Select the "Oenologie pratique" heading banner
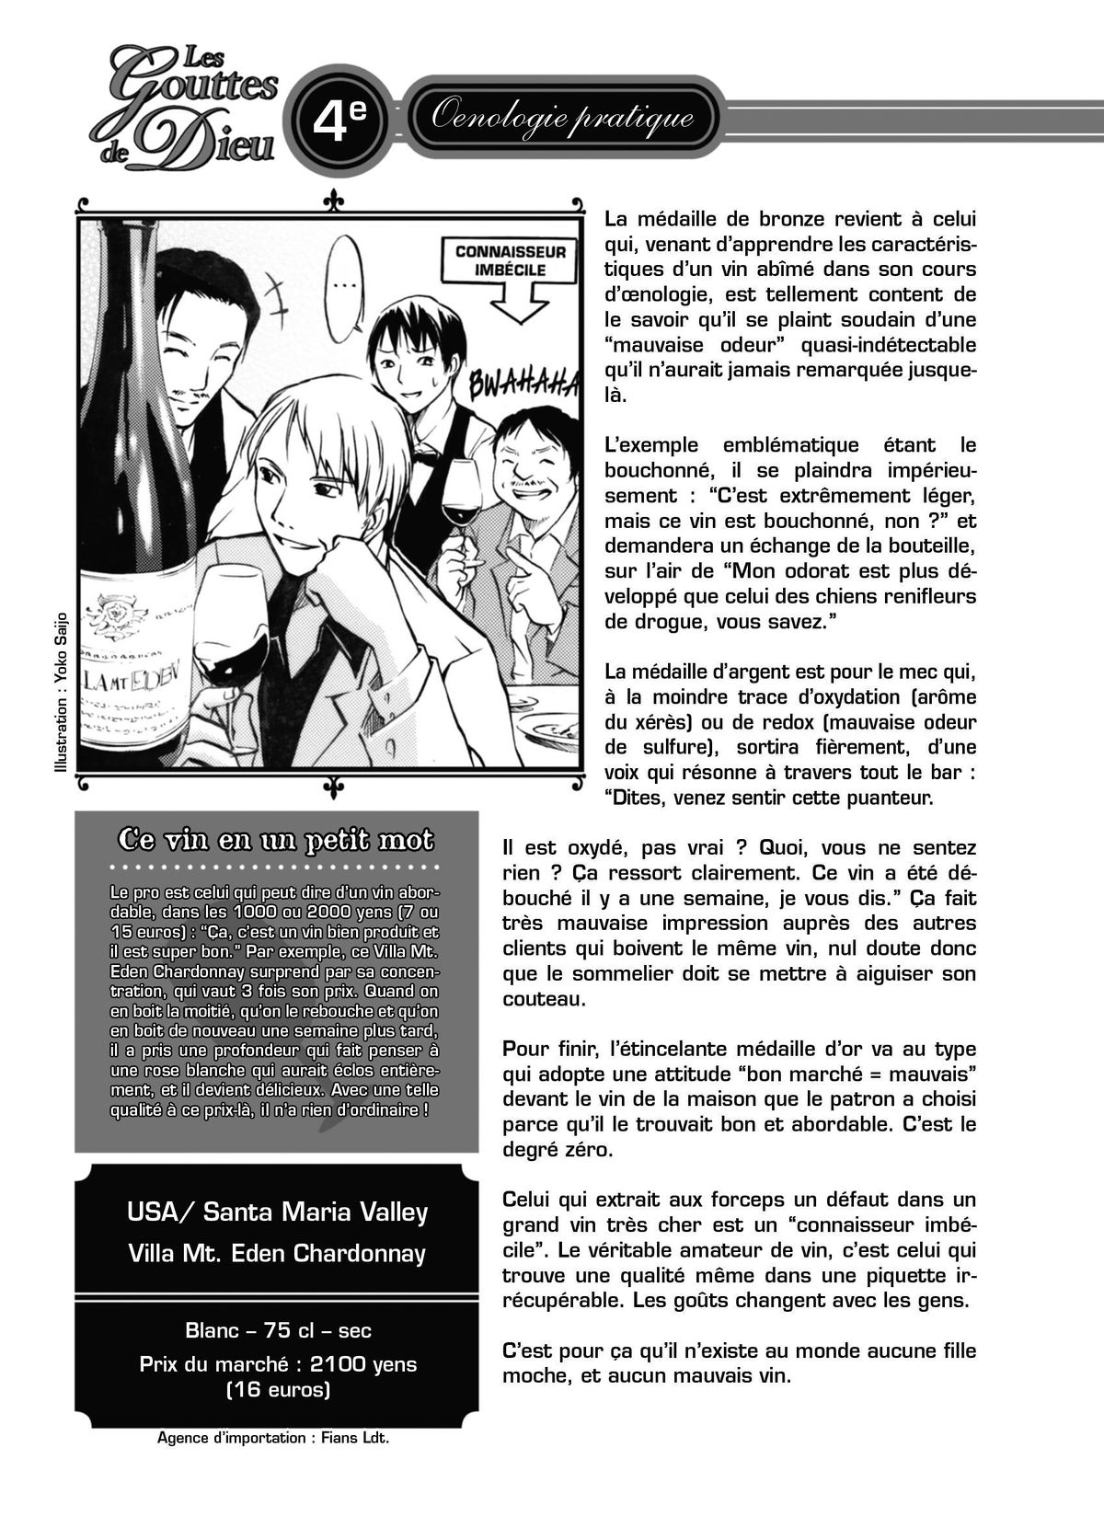click(x=562, y=118)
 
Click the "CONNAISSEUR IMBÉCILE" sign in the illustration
click(x=511, y=260)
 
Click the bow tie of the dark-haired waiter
click(x=423, y=455)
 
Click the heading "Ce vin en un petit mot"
click(x=276, y=841)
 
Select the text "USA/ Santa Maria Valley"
click(x=277, y=1212)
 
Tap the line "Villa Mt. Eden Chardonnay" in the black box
click(x=277, y=1253)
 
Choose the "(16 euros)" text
click(x=277, y=1389)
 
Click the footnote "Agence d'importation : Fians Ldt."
click(x=273, y=1438)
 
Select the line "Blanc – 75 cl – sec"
click(x=278, y=1330)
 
